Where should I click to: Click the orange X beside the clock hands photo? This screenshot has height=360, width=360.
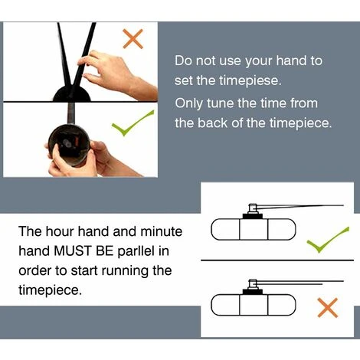pyautogui.click(x=133, y=39)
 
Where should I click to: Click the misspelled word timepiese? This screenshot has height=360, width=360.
pyautogui.click(x=250, y=81)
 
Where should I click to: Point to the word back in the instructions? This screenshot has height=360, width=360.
pyautogui.click(x=212, y=123)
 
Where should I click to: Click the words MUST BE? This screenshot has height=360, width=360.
pyautogui.click(x=83, y=250)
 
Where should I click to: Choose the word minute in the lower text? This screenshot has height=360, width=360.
pyautogui.click(x=162, y=231)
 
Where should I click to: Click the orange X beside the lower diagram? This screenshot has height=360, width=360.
pyautogui.click(x=328, y=307)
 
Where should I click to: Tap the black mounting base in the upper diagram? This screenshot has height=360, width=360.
pyautogui.click(x=253, y=217)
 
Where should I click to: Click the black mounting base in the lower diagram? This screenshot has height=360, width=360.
pyautogui.click(x=253, y=292)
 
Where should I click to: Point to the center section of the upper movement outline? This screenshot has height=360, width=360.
pyautogui.click(x=254, y=230)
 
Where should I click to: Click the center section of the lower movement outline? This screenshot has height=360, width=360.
pyautogui.click(x=254, y=305)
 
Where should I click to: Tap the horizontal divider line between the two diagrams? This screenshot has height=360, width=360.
pyautogui.click(x=277, y=260)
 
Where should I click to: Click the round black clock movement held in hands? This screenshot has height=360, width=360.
pyautogui.click(x=69, y=144)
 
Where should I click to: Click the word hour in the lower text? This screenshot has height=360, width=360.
pyautogui.click(x=60, y=231)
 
